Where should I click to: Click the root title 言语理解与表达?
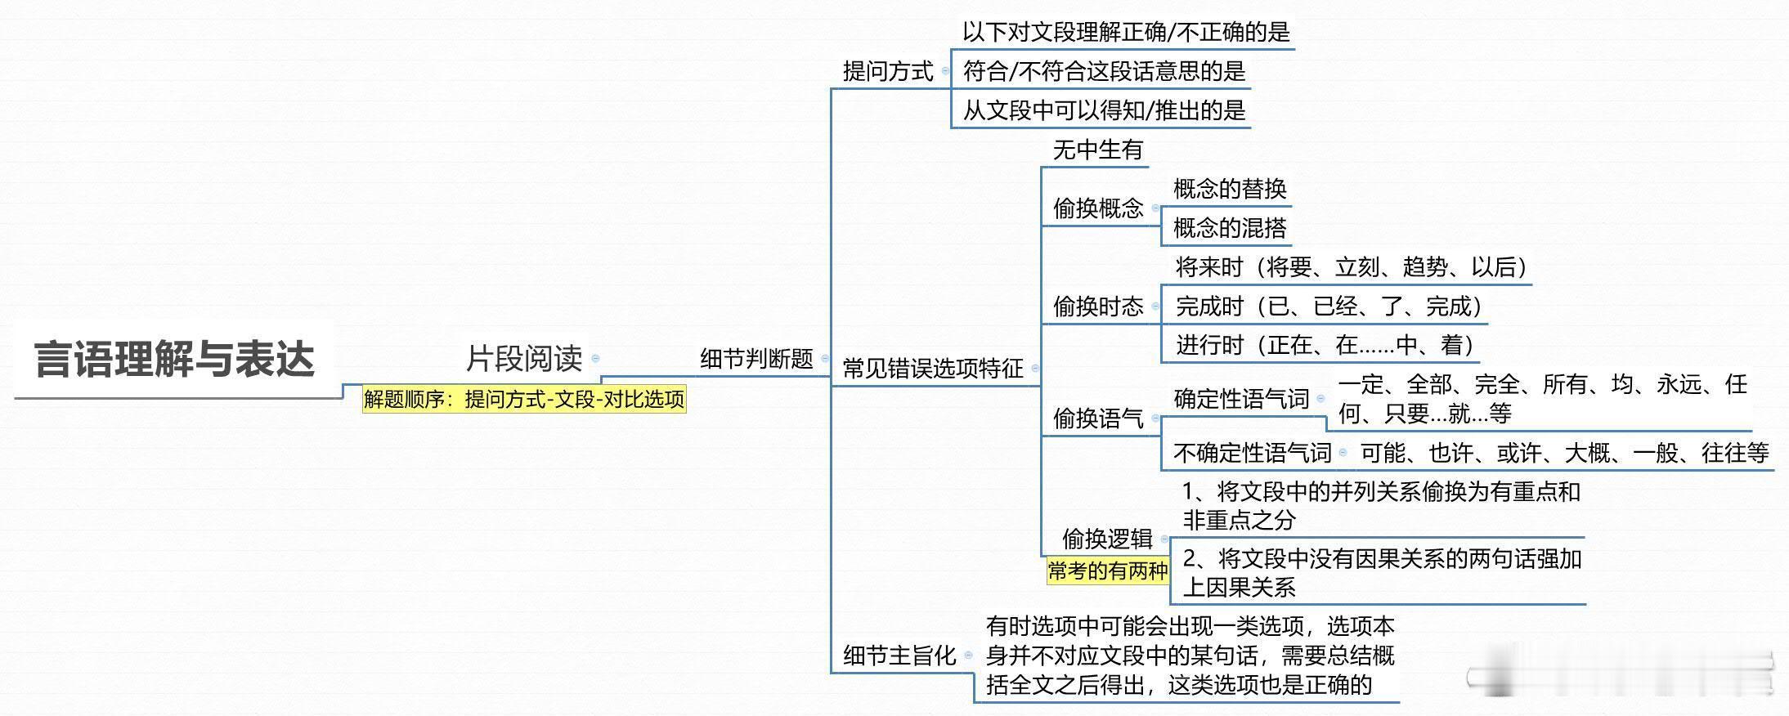(174, 360)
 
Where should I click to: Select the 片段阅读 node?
(524, 358)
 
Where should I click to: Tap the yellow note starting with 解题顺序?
(524, 400)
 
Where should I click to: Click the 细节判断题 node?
(756, 359)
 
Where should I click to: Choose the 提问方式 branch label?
(888, 71)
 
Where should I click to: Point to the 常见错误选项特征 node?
(933, 369)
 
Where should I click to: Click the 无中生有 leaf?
(1097, 150)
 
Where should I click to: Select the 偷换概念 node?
(1097, 208)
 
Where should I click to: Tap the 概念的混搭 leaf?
(1230, 228)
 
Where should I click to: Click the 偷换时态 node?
(1097, 307)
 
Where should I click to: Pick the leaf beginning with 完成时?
(1329, 307)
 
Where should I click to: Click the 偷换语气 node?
(1097, 418)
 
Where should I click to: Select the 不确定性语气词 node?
(1252, 452)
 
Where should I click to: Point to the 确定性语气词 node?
(1241, 399)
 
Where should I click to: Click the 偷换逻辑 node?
(1107, 539)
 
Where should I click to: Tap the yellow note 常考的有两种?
(1108, 571)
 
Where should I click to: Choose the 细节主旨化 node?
(899, 656)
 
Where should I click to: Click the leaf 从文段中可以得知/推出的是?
(1104, 110)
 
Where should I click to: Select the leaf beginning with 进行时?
(1325, 345)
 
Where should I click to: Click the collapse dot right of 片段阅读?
(595, 358)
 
